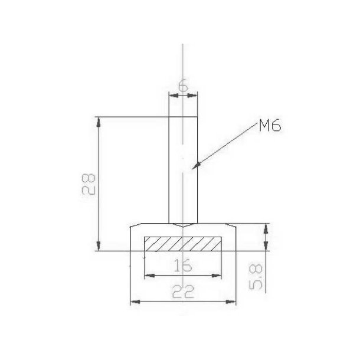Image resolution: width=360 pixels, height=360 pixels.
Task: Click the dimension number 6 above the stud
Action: click(x=183, y=86)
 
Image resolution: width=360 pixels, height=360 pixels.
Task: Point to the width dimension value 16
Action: click(x=184, y=265)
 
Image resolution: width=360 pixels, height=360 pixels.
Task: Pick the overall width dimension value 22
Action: click(x=184, y=292)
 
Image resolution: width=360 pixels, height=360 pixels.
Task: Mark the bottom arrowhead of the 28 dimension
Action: click(x=99, y=246)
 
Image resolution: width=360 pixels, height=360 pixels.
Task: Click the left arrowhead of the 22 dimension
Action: click(x=133, y=302)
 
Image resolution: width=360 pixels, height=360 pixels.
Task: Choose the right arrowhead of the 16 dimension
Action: click(x=218, y=275)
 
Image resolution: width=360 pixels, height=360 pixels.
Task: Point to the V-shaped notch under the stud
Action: click(x=183, y=225)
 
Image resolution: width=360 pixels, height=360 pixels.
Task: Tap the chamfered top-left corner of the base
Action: click(x=134, y=225)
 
